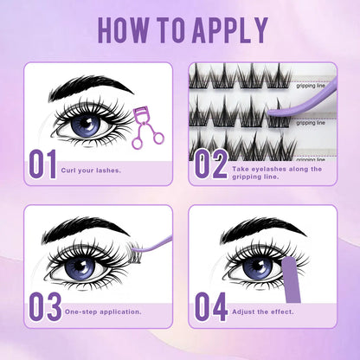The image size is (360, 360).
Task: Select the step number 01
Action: point(42,164)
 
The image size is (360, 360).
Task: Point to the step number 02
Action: point(210,164)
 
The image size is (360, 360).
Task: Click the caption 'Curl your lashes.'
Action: point(92,170)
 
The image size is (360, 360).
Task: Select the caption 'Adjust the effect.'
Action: point(263,309)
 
